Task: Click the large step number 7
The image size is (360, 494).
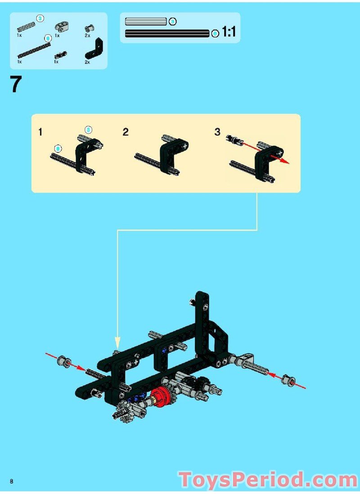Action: (16, 85)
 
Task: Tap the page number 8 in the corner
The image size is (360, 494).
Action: (12, 481)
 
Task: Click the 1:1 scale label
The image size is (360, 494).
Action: (229, 32)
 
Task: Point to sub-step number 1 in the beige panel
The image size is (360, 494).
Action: (40, 132)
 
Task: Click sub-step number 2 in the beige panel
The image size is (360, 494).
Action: (126, 132)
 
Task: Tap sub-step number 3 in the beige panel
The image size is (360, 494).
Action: (217, 132)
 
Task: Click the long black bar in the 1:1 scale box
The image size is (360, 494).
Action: (167, 33)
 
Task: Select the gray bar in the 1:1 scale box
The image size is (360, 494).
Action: (146, 21)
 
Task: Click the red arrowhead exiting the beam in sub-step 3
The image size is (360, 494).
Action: (285, 161)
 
